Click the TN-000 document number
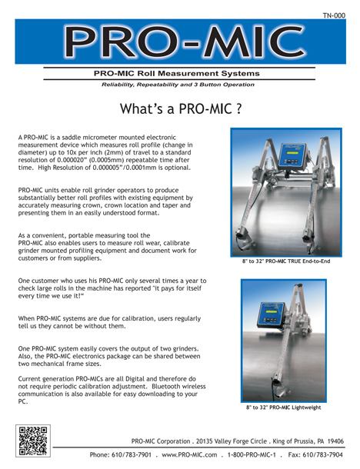click(x=338, y=15)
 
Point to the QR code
click(x=33, y=440)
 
